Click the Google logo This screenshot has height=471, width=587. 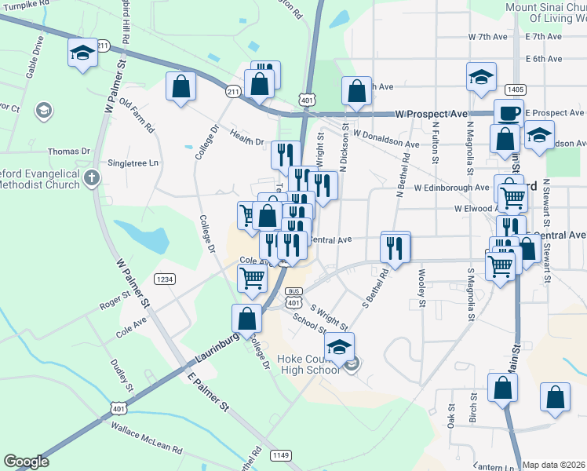click(26, 462)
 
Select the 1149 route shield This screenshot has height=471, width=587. click(280, 455)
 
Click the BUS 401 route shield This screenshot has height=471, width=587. click(293, 297)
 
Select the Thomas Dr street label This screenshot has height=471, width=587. click(69, 152)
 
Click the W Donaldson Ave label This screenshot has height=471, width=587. click(385, 139)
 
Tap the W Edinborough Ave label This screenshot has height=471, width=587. click(452, 188)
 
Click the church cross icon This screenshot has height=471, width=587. click(93, 178)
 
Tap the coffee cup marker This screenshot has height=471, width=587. click(508, 112)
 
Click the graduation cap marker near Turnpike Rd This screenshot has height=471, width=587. click(82, 53)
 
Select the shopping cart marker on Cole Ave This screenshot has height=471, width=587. click(252, 277)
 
